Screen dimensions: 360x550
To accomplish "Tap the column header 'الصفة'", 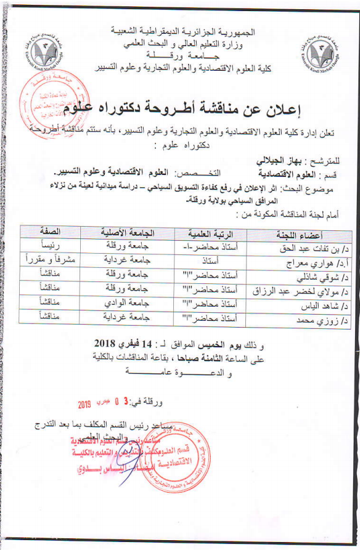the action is pos(49,231).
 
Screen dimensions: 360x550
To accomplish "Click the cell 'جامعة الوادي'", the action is pos(127,302).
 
